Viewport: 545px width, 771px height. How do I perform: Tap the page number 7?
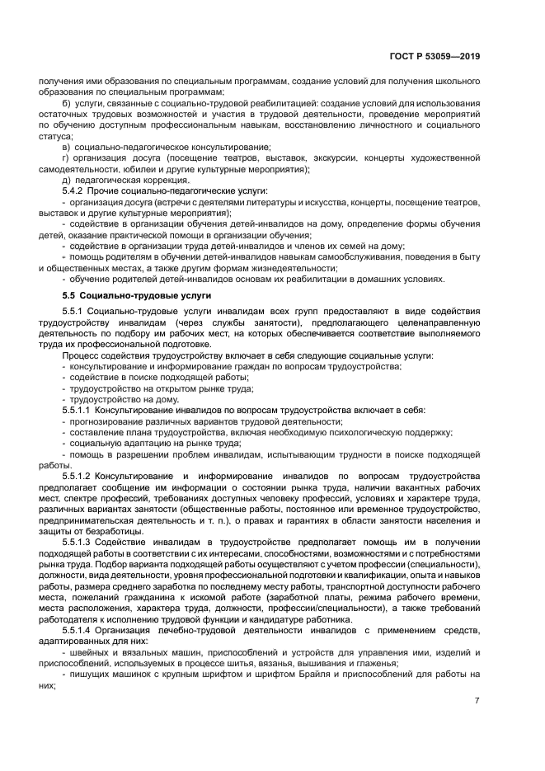pos(477,701)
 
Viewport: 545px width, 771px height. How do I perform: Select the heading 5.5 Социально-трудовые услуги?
pos(125,294)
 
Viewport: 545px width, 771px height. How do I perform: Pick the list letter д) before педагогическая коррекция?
pos(68,180)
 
